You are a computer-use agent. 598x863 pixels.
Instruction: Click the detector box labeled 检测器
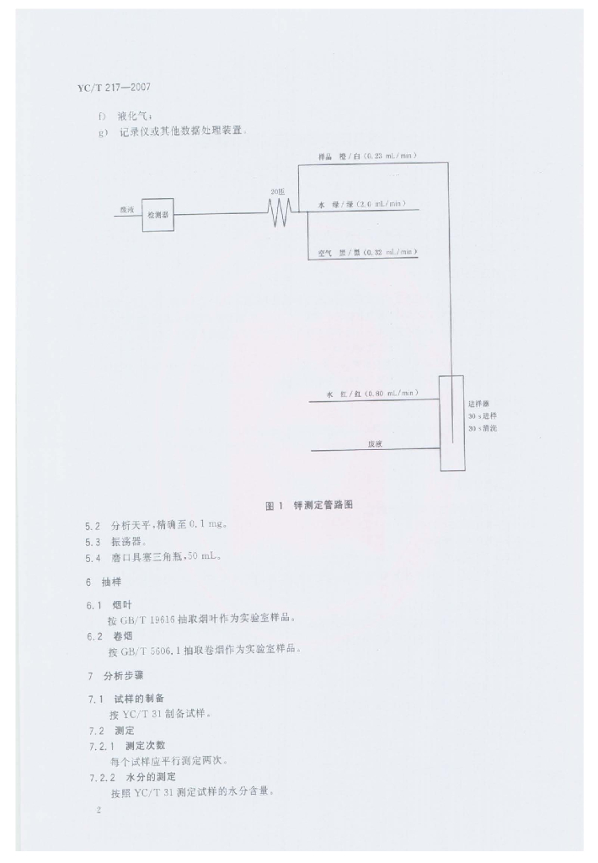coord(158,215)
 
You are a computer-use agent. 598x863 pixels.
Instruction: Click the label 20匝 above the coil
coord(278,192)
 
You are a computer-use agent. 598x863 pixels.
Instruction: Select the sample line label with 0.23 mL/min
coord(367,156)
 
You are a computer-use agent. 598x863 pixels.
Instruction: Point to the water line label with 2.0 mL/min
coord(363,204)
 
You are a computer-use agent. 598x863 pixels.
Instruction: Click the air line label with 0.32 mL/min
coord(367,252)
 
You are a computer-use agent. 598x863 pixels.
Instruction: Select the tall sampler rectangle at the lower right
coord(451,423)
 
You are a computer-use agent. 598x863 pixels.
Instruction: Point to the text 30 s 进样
coord(483,415)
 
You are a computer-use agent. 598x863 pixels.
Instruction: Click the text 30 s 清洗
coord(483,428)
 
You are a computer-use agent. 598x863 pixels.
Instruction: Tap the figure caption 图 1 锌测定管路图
coord(309,506)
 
